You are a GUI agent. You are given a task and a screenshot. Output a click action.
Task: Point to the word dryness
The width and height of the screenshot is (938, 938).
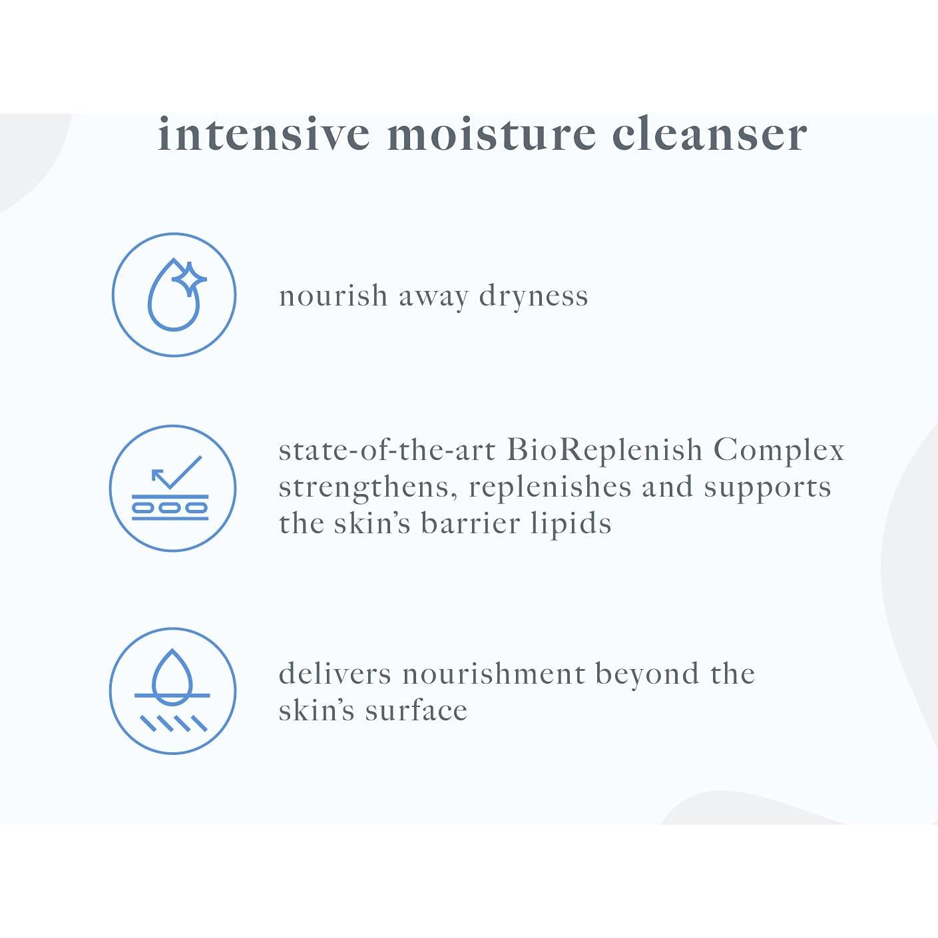533,296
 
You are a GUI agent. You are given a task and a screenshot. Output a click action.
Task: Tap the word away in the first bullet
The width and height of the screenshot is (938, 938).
433,298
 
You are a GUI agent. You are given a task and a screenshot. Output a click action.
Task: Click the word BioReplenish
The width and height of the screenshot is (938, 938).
604,449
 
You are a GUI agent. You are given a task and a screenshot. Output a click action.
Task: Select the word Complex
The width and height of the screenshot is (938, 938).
778,450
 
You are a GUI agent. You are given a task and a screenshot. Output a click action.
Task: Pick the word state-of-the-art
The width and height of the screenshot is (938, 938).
387,450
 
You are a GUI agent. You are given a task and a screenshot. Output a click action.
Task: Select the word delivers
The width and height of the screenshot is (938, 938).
335,674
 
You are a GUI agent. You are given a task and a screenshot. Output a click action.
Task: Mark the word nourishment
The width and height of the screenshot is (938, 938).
493,674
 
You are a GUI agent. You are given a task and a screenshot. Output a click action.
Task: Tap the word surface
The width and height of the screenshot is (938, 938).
416,711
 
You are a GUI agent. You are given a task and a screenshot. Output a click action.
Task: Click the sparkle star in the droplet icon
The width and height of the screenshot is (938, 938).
190,279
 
